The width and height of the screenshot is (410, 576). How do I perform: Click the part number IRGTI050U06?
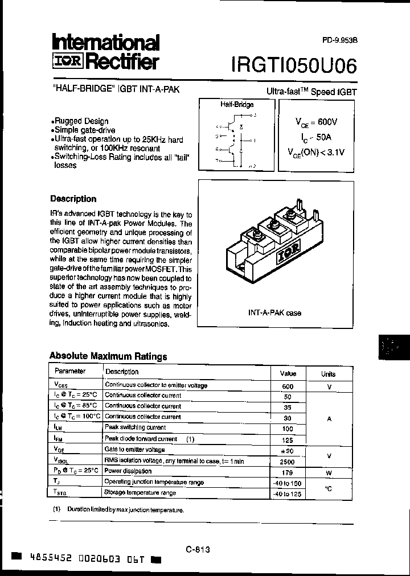294,65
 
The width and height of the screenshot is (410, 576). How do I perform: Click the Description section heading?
73,199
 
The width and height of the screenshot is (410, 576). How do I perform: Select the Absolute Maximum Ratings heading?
108,356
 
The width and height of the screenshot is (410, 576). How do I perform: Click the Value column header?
288,374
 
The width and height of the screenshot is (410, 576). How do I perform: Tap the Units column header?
328,375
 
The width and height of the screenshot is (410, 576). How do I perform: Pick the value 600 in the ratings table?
288,386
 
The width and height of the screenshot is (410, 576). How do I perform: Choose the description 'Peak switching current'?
128,427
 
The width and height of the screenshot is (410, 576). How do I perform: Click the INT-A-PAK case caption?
274,313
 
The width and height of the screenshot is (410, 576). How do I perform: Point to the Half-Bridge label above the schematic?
237,105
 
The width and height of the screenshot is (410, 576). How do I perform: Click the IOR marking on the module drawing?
285,256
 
